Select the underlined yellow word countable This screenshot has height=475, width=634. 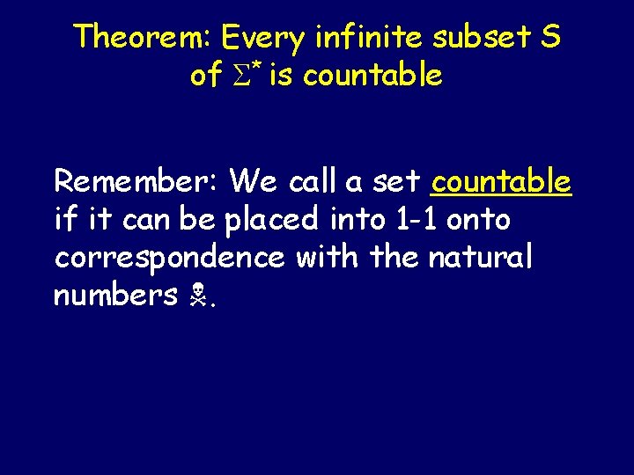[501, 182]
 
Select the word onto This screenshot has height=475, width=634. [479, 220]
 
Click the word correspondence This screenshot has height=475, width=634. [170, 258]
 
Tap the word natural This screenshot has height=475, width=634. [481, 258]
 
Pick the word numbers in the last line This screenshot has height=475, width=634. [115, 296]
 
